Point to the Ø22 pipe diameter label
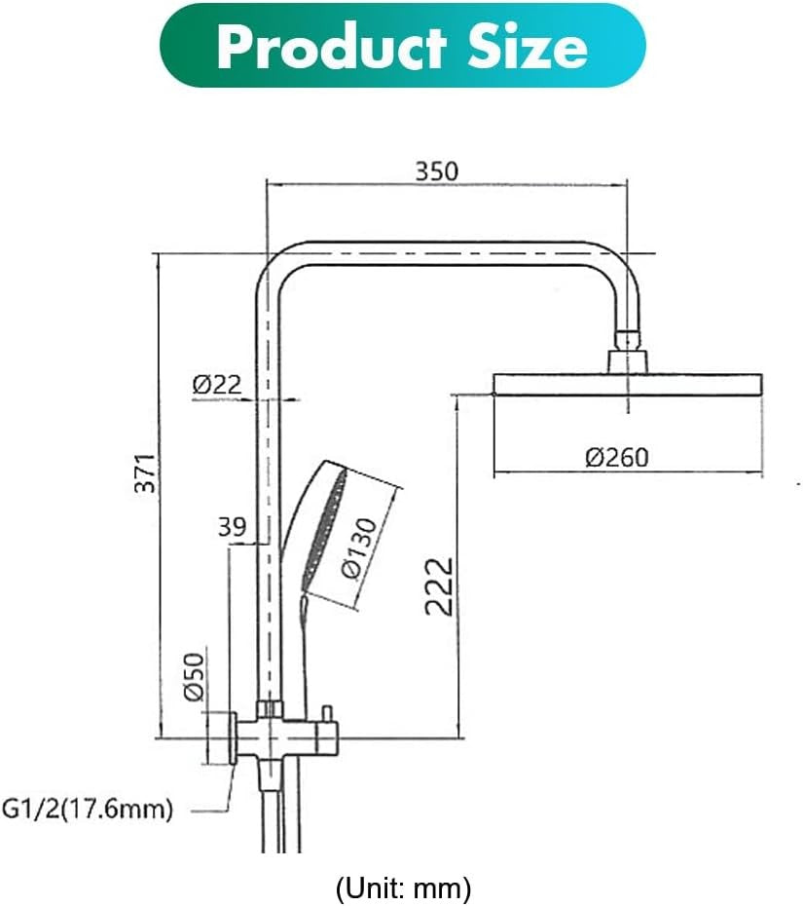pos(216,385)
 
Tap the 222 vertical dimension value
pos(441,585)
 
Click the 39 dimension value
pos(232,527)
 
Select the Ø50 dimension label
pos(194,676)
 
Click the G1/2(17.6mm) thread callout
pos(88,809)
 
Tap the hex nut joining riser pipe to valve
pos(269,708)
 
